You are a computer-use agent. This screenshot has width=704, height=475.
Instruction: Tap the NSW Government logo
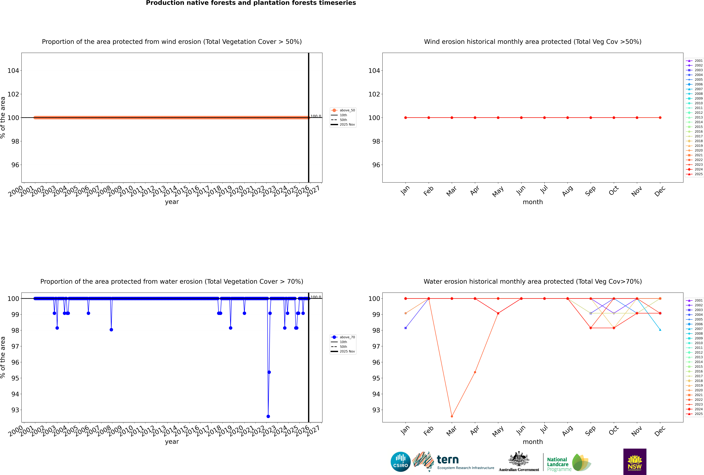(x=635, y=461)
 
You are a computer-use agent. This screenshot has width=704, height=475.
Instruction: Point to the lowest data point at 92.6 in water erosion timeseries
(x=268, y=416)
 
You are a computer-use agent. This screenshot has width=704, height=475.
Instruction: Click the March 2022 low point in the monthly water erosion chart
(x=452, y=416)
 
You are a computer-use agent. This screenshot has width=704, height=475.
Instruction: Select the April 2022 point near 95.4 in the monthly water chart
(x=475, y=372)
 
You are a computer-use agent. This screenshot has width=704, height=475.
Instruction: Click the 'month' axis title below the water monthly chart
(x=533, y=442)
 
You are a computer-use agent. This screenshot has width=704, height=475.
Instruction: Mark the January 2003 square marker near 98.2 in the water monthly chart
(x=406, y=328)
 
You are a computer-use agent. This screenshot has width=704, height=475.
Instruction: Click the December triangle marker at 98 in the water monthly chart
(x=660, y=330)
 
